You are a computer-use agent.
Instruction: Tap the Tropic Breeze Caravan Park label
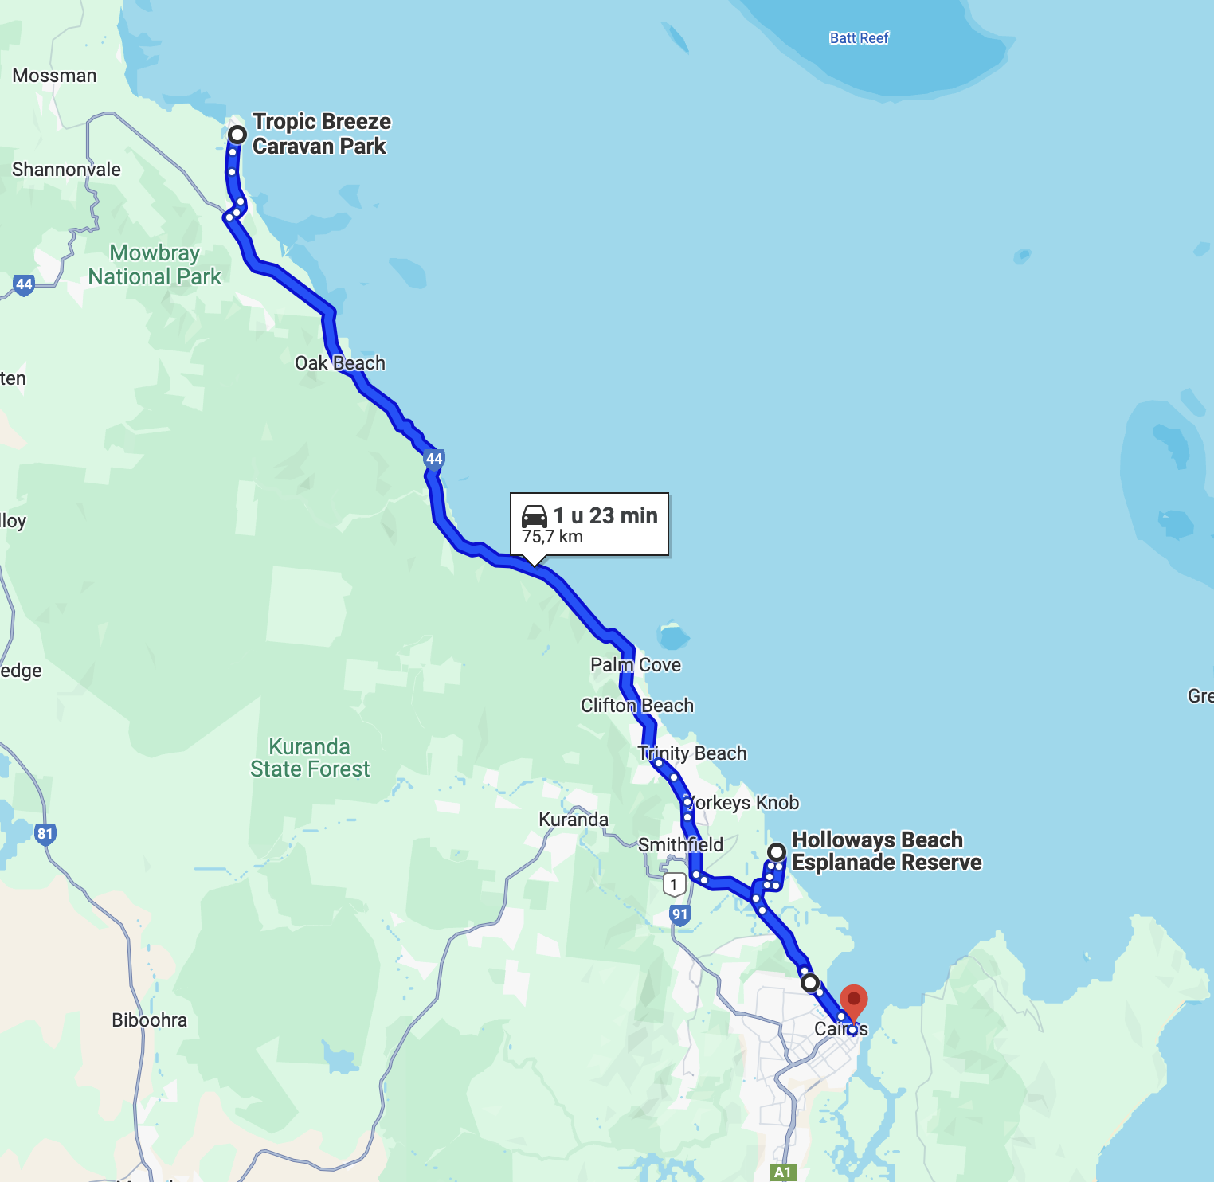(321, 134)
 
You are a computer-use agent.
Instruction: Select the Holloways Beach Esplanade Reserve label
(886, 851)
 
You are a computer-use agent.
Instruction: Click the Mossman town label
(54, 76)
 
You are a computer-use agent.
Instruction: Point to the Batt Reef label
(859, 38)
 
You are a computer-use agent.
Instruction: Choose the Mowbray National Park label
(155, 264)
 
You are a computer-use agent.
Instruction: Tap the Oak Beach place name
(340, 363)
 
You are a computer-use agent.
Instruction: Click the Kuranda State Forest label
(310, 757)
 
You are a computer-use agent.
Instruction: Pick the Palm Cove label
(636, 665)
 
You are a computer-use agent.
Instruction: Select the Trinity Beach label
(692, 753)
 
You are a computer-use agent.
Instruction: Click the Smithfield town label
(680, 844)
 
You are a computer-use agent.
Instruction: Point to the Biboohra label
(149, 1020)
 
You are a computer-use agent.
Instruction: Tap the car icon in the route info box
(535, 516)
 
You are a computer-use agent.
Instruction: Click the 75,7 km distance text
(552, 537)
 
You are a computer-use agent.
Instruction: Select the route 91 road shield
(679, 914)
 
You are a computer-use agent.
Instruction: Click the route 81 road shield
(45, 835)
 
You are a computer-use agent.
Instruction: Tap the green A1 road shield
(783, 1172)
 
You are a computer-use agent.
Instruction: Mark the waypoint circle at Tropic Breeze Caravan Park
(237, 134)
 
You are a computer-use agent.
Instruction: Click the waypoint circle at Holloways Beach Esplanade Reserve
(776, 853)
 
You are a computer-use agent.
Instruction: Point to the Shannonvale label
(66, 170)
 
